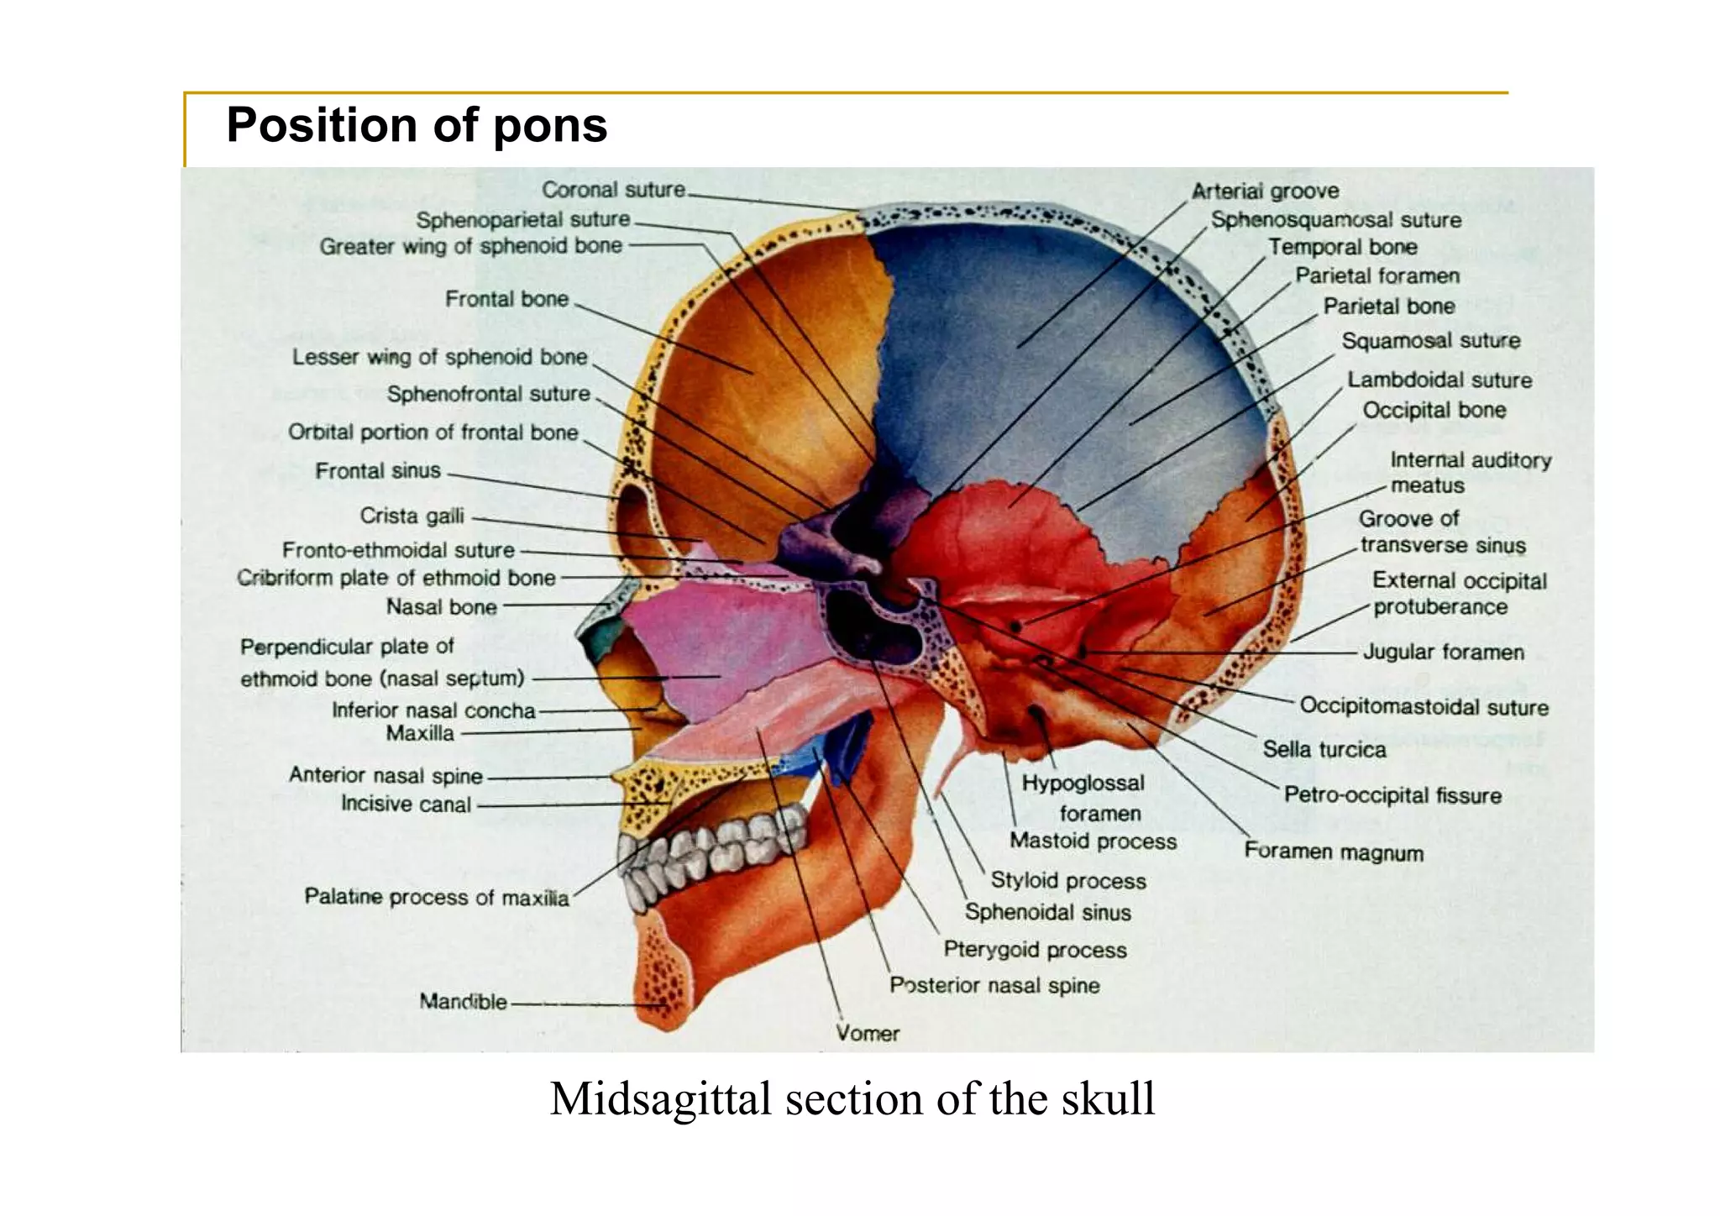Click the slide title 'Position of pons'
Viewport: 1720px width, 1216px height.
pos(417,126)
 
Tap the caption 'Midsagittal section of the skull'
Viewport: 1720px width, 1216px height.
pos(852,1098)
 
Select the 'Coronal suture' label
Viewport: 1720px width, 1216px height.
pos(613,190)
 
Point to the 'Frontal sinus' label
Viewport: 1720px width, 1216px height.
pos(377,471)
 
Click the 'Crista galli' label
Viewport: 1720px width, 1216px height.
pos(412,516)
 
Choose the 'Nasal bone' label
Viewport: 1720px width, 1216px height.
pos(441,606)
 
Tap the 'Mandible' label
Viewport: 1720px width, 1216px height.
pos(463,1001)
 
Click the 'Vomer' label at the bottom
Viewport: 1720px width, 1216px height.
pos(868,1033)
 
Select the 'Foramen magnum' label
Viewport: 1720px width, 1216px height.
pos(1334,852)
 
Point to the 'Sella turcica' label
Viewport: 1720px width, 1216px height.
pos(1324,749)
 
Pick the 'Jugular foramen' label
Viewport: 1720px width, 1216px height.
pos(1443,652)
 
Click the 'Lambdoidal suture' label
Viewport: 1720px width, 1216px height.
pos(1439,380)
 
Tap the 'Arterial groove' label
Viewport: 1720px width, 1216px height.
pos(1265,191)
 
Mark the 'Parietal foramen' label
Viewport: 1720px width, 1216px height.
pos(1377,276)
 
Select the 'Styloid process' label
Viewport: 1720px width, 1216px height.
pos(1067,880)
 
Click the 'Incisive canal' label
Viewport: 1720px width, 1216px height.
pos(406,805)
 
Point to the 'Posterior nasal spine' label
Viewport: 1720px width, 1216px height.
pos(994,985)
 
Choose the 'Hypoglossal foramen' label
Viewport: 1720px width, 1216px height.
pos(1083,798)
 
